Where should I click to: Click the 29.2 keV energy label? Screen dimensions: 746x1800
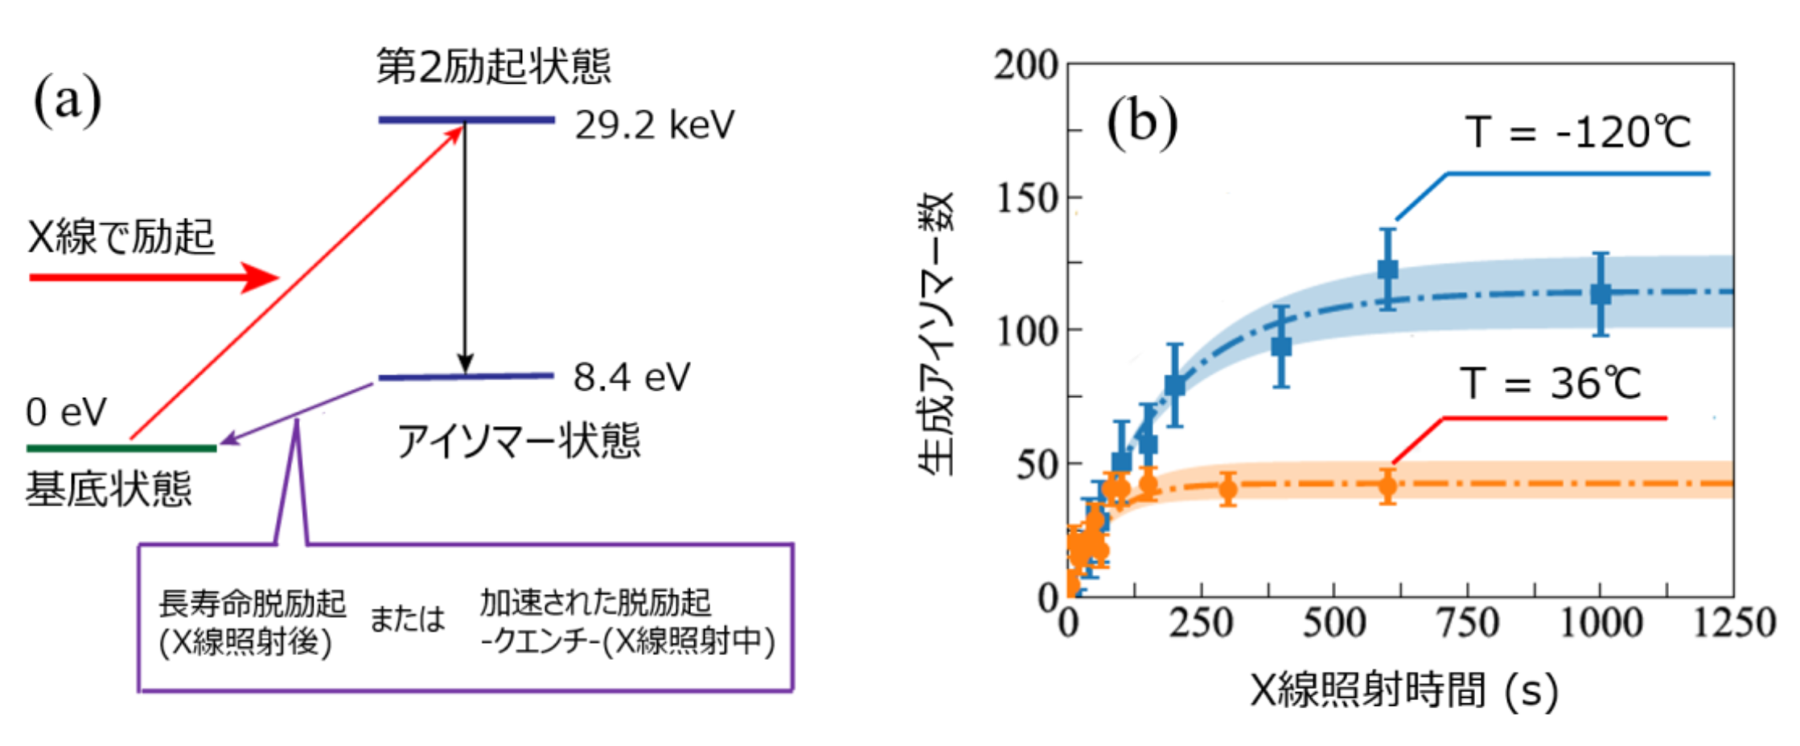[654, 126]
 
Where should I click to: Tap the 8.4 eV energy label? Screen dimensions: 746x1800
[631, 378]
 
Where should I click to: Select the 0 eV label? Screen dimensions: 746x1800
[66, 412]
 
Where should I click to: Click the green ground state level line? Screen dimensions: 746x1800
[121, 448]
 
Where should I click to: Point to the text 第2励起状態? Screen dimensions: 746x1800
[493, 66]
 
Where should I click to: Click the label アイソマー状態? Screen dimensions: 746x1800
[519, 441]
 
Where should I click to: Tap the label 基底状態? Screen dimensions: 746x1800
[109, 490]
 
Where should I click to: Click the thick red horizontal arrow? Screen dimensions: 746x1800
[153, 277]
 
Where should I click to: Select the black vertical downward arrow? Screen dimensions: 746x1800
[464, 249]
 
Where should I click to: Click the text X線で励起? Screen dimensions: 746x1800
[121, 236]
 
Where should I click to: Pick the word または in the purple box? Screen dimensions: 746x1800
[407, 620]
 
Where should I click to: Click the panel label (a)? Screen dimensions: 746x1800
[68, 100]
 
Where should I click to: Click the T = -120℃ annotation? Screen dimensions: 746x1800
[1577, 133]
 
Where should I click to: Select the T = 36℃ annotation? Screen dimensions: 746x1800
[1550, 383]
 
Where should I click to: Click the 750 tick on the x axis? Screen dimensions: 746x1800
[1467, 624]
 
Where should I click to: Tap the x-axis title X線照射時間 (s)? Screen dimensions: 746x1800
[1403, 690]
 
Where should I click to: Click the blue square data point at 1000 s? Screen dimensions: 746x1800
[1601, 294]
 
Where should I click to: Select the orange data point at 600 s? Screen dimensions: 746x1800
[1387, 486]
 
